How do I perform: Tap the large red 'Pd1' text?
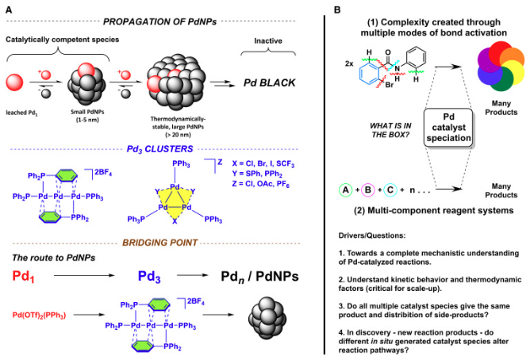click(29, 278)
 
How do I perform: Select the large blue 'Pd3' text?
click(159, 278)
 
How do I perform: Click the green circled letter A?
click(347, 190)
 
